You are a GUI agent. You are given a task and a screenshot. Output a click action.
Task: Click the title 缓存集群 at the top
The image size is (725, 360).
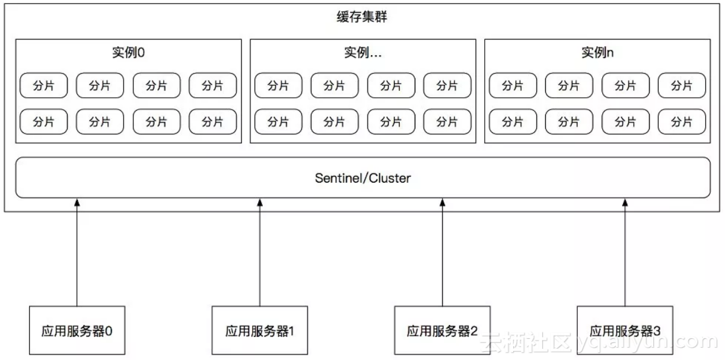[362, 17]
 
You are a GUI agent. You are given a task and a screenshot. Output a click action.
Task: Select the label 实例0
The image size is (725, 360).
[128, 52]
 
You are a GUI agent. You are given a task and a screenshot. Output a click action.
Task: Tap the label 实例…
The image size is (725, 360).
[362, 52]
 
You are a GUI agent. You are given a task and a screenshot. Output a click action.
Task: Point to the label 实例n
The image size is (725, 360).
[597, 52]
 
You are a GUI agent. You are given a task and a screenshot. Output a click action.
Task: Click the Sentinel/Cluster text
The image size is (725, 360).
[362, 177]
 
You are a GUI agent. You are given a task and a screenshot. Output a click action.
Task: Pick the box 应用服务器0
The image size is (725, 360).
[77, 330]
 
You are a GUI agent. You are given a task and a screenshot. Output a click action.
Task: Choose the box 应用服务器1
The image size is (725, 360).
[260, 330]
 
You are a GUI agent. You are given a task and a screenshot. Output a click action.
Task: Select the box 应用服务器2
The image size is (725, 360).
[443, 330]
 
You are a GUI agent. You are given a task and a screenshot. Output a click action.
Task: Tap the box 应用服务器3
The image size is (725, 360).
[625, 330]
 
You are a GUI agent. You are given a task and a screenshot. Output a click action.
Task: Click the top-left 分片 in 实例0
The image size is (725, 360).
[43, 85]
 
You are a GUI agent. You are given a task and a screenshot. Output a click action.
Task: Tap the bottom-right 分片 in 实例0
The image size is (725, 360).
[212, 122]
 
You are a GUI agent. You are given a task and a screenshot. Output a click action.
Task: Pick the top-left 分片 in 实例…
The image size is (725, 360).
[278, 85]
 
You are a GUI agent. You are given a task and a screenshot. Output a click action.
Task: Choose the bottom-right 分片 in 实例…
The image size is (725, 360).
[447, 122]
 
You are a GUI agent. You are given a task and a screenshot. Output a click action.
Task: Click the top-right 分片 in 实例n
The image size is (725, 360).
[682, 85]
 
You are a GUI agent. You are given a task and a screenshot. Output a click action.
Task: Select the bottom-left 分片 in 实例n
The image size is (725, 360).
[513, 122]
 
